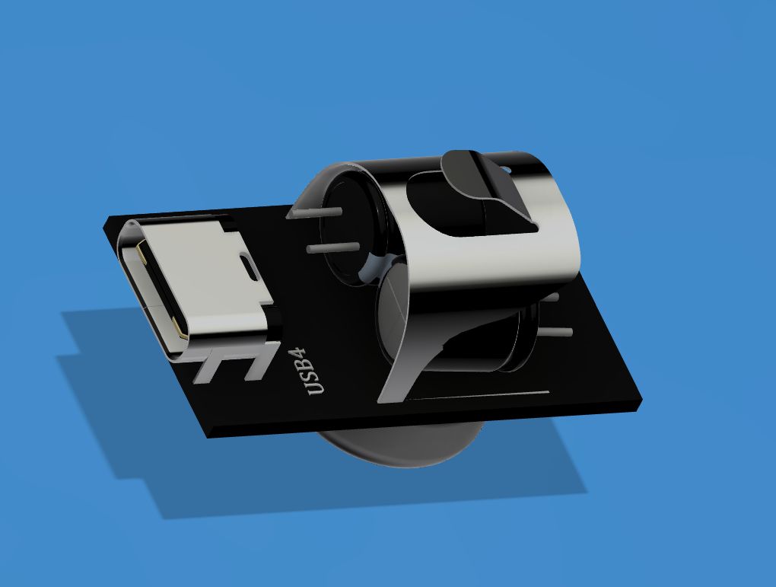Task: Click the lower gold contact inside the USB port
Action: point(180,332)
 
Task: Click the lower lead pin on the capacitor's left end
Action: point(323,248)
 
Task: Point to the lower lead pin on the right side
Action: point(560,331)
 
